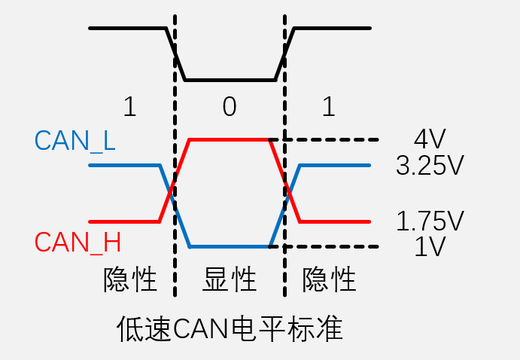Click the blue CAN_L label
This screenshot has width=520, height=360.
[75, 141]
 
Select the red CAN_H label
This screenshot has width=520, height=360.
[78, 242]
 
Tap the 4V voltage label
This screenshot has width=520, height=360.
[430, 139]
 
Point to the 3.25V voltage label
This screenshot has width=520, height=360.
[430, 166]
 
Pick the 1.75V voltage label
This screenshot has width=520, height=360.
[430, 221]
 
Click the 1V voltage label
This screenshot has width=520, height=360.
[430, 246]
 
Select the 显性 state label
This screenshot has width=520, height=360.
[230, 279]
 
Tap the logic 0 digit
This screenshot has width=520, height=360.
[230, 107]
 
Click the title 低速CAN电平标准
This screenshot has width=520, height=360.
[230, 328]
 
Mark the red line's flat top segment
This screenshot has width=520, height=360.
[230, 139]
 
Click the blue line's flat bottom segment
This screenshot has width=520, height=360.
[230, 246]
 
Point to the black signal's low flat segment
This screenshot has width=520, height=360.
[230, 80]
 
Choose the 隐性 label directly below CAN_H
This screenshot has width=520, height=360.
[130, 279]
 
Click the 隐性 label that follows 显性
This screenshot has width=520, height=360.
[329, 279]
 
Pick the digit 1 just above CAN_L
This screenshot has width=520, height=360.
[129, 107]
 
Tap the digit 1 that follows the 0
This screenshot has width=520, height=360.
[328, 107]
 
